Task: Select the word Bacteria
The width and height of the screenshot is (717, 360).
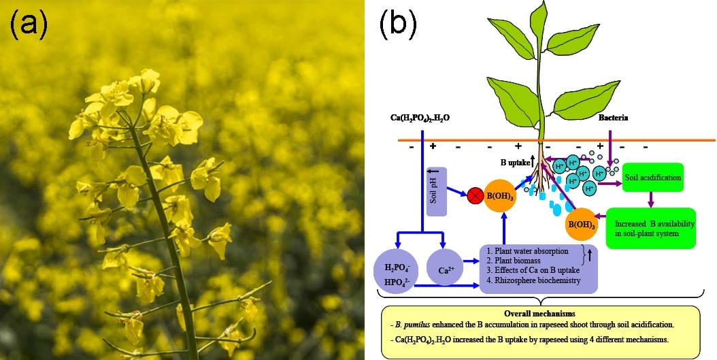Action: click(613, 118)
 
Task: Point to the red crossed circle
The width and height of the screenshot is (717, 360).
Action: click(473, 198)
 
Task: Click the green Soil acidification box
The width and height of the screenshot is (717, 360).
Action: click(652, 177)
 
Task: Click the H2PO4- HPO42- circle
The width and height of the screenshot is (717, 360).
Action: click(398, 271)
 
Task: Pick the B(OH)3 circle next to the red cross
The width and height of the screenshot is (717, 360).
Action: click(503, 198)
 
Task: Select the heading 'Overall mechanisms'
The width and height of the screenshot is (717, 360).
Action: click(541, 314)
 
